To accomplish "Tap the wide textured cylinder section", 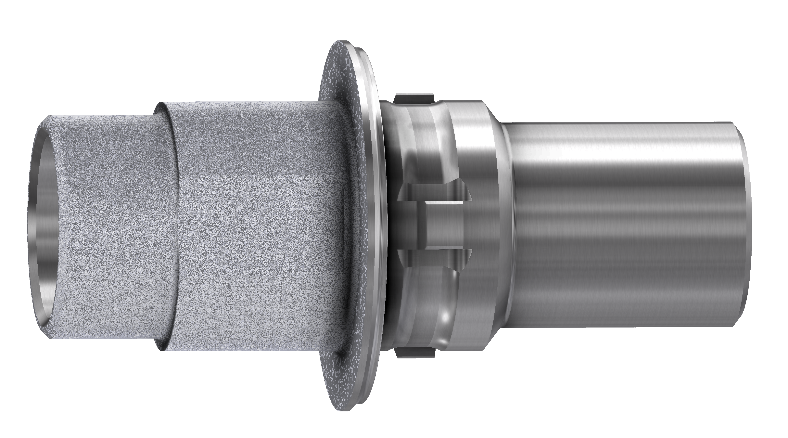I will pos(257,226).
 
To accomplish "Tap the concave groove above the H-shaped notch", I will pos(428,138).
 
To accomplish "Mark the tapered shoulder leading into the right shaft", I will pos(506,226).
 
